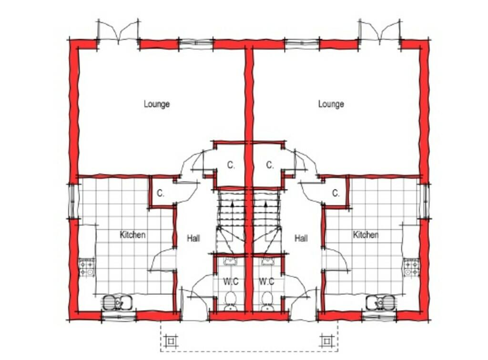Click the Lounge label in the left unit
[157, 104]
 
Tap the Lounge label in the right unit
[331, 104]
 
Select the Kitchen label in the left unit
[132, 235]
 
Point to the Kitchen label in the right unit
[366, 235]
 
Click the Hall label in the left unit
[193, 239]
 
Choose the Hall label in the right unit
[301, 239]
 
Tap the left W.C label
[231, 281]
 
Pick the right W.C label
[266, 281]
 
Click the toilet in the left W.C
[231, 301]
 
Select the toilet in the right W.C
[267, 301]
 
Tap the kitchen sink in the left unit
[117, 302]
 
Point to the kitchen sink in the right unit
[380, 302]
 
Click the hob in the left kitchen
[87, 268]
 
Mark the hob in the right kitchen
[410, 268]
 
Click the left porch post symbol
[171, 341]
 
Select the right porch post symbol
[326, 341]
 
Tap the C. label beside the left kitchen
[161, 193]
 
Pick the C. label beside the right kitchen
[335, 193]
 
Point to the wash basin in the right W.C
[267, 261]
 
